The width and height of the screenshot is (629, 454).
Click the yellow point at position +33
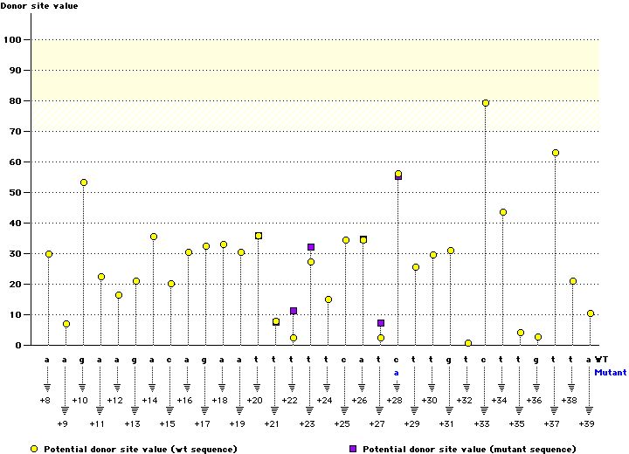486,103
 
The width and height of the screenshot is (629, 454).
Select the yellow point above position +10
84,182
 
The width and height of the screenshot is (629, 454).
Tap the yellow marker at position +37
556,153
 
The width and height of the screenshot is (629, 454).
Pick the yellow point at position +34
503,212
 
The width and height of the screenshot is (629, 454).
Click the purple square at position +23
311,247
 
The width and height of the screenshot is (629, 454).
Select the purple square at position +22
294,311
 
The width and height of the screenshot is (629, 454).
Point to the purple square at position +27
381,323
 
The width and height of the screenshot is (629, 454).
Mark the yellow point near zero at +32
468,343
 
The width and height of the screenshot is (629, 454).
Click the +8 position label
45,399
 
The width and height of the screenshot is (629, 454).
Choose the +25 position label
342,423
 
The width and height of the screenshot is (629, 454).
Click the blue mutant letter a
396,372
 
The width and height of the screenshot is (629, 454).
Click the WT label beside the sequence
602,359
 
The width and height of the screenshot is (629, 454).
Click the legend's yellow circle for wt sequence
34,448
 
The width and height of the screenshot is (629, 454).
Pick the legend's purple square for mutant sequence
353,448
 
